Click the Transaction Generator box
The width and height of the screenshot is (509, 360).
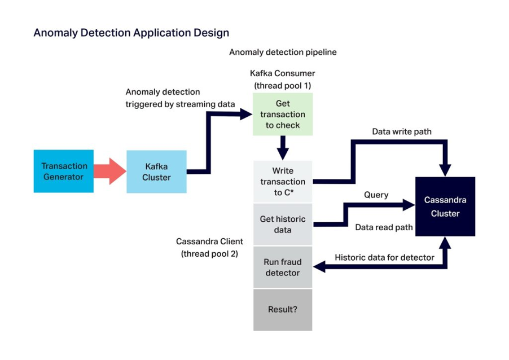64,171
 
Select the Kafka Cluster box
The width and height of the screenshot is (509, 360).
156,172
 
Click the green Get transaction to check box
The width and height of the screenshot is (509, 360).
283,114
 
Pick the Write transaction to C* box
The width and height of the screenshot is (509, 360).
283,182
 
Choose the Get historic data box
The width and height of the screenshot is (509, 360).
283,224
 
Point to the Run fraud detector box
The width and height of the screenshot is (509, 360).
283,267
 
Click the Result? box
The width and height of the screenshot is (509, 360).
283,310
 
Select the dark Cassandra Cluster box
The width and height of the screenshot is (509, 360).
445,207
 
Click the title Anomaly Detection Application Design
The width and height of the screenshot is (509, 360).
131,33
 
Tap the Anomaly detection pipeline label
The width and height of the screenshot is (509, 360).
283,52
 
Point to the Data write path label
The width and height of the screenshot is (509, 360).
402,131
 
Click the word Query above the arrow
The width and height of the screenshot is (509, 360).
376,195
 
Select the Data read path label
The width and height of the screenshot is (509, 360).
384,227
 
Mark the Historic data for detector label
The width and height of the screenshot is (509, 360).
384,257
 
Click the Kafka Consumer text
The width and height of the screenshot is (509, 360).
283,73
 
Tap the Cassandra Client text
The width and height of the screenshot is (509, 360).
209,242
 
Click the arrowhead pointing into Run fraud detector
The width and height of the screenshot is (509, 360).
319,267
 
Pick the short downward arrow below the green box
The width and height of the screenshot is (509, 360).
283,148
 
